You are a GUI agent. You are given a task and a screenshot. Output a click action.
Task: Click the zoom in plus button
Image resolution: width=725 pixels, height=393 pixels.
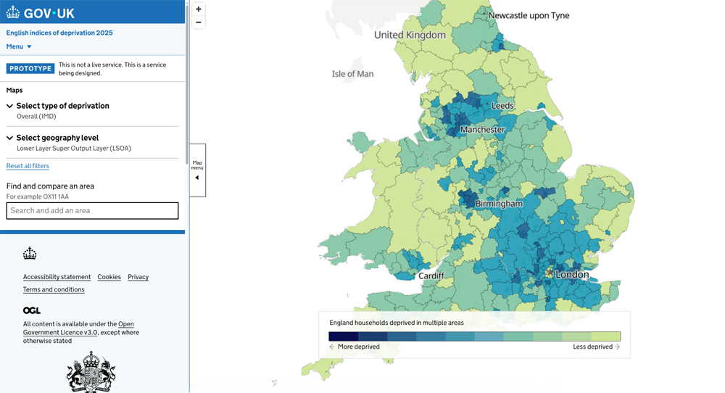[198, 9]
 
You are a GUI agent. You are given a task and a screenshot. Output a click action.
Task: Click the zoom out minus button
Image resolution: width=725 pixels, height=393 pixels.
[198, 22]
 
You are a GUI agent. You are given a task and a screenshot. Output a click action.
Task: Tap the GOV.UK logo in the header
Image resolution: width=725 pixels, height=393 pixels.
[41, 12]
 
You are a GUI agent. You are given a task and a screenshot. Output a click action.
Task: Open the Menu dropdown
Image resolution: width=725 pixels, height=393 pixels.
[19, 46]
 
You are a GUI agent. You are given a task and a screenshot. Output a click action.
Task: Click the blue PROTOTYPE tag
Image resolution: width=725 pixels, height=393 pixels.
[30, 69]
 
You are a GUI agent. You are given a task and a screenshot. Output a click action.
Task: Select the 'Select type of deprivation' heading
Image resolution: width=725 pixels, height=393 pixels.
[62, 106]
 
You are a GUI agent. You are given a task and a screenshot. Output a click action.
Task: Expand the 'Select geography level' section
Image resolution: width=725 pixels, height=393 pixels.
[57, 138]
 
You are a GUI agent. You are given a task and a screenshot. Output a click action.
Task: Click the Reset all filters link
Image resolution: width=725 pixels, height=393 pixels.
[28, 166]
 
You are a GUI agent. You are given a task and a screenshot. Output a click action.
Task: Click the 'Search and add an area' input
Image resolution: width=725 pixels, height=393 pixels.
[92, 211]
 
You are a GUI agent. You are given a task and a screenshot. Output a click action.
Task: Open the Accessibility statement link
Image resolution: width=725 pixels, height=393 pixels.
[57, 277]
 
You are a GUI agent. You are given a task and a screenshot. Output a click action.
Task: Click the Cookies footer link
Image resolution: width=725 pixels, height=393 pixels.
[109, 277]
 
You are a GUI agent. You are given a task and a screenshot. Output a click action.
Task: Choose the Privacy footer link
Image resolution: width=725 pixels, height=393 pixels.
[138, 277]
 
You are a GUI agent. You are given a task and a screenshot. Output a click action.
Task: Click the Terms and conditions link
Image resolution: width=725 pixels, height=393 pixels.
[54, 289]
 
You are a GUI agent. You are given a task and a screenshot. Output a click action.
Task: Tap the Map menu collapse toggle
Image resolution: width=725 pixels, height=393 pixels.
[197, 170]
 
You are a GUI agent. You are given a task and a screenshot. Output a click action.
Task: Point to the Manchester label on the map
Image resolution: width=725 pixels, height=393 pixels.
[482, 130]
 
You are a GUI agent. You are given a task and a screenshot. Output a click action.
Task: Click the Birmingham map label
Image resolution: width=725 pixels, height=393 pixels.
[499, 204]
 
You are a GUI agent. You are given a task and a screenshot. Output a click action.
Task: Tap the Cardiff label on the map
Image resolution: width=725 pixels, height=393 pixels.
[431, 276]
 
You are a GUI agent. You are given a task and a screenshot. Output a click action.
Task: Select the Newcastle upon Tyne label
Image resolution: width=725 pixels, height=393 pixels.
[529, 15]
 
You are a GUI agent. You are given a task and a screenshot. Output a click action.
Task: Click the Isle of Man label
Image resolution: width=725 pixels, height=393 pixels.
[352, 74]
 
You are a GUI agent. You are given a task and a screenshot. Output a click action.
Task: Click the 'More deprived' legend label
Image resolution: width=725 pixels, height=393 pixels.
[358, 347]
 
